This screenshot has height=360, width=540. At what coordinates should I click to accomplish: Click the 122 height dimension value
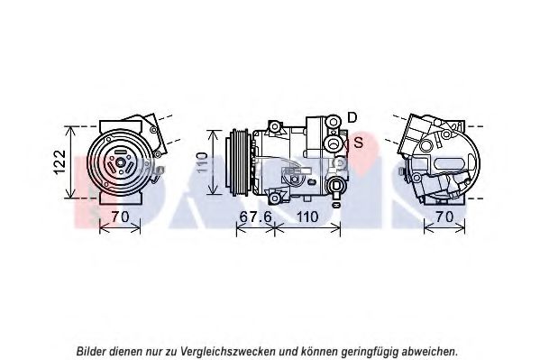[x=60, y=162]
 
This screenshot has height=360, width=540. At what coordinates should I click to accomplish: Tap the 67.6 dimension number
[x=255, y=217]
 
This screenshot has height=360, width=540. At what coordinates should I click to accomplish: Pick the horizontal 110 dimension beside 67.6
[x=307, y=217]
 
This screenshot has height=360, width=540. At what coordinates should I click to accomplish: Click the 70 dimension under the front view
[x=120, y=217]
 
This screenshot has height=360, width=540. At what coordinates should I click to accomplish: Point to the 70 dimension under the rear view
[x=444, y=217]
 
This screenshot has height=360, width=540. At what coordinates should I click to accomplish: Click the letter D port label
[x=352, y=118]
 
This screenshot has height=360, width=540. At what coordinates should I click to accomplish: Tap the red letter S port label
[x=359, y=143]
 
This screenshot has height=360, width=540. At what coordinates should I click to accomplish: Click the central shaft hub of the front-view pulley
[x=120, y=162]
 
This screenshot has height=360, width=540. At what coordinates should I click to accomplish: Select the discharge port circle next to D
[x=333, y=122]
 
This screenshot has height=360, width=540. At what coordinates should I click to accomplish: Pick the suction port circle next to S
[x=333, y=143]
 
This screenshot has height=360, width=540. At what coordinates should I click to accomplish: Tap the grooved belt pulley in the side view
[x=236, y=162]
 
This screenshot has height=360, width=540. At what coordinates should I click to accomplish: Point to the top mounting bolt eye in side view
[x=274, y=127]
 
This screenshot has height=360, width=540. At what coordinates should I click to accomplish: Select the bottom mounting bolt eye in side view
[x=274, y=198]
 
